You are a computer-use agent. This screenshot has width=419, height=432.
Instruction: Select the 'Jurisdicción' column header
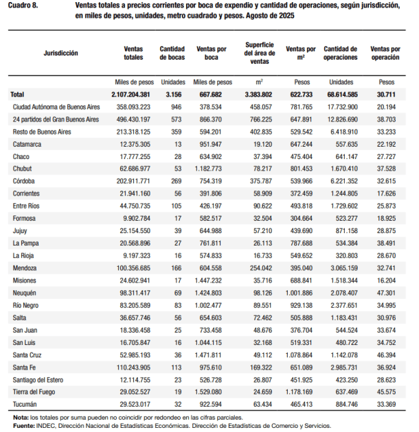pos(60,53)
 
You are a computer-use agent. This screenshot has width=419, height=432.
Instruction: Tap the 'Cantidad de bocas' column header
pos(172,53)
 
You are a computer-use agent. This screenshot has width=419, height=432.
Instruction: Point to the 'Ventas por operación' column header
pos(386,53)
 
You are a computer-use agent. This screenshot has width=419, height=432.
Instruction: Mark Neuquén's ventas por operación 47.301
pos(387,292)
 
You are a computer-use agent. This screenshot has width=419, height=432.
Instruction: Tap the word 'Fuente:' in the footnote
pos(24,425)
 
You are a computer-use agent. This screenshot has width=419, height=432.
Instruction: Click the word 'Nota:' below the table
pos(21,417)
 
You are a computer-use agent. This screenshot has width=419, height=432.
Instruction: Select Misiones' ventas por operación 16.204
pos(387,280)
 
